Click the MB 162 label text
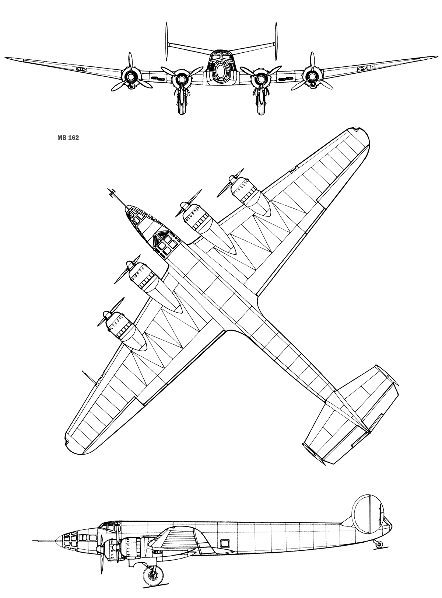pos(68,138)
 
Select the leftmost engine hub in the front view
pos(131,77)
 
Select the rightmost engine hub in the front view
pos(312,77)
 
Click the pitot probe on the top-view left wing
pos(89,377)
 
